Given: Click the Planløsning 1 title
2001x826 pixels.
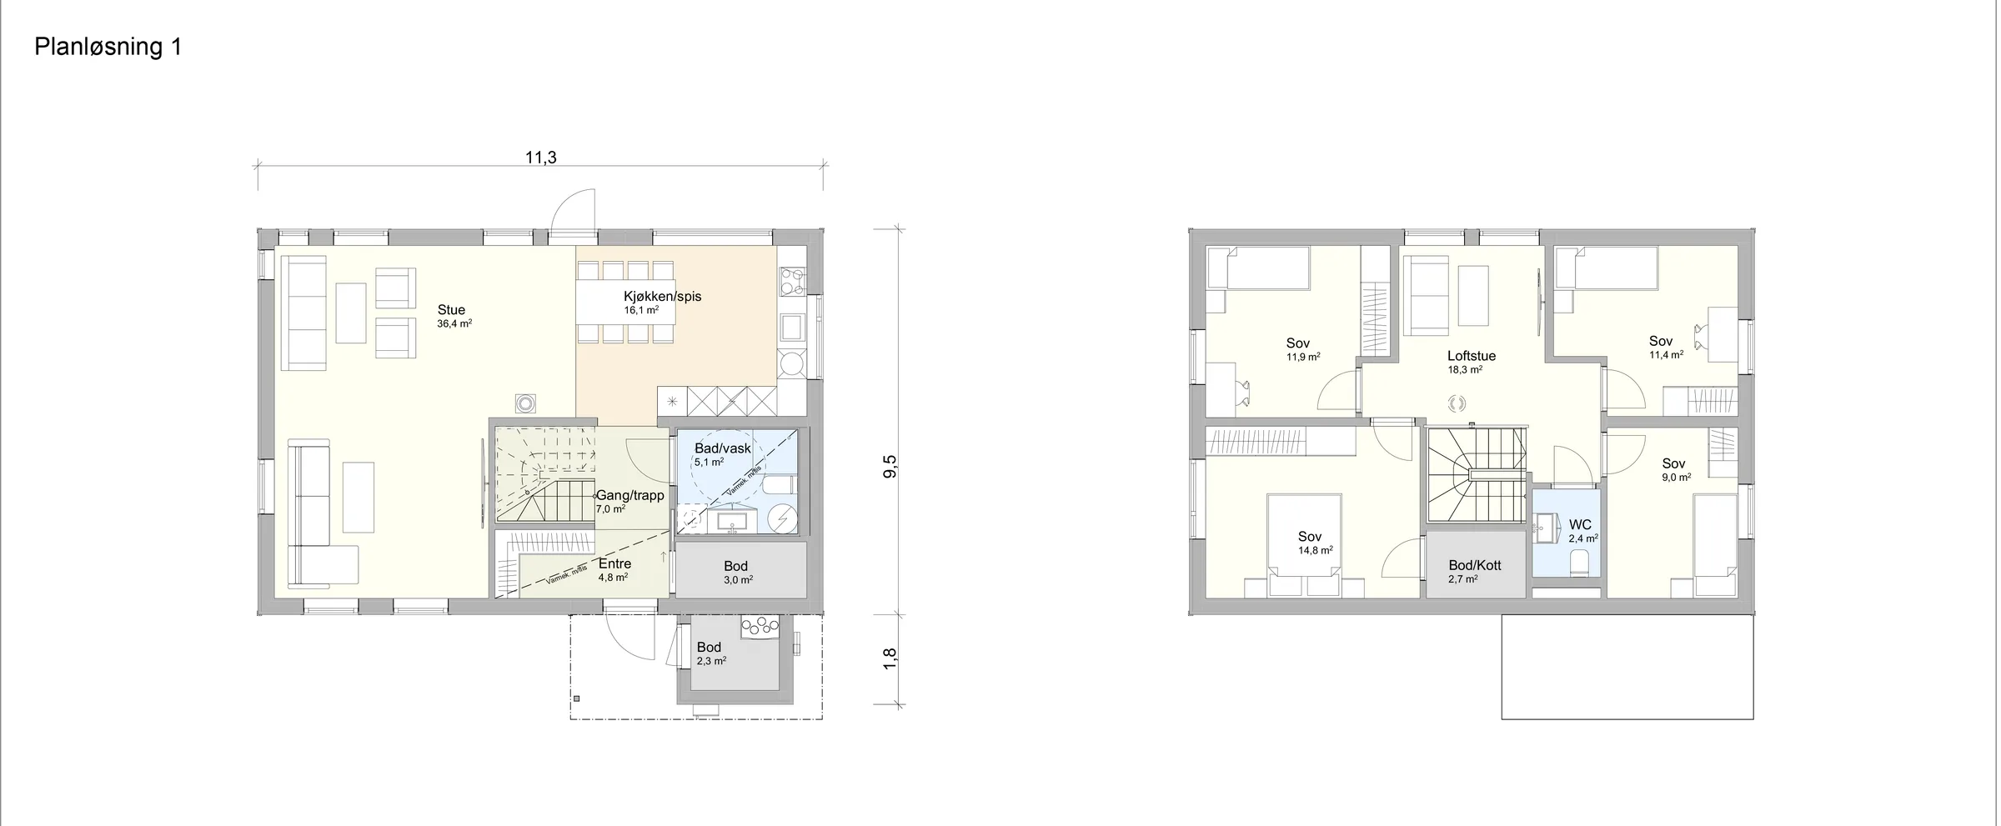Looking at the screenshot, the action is [108, 48].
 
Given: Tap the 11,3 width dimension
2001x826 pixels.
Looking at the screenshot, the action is [540, 158].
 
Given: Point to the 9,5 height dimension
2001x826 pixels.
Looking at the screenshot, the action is [890, 466].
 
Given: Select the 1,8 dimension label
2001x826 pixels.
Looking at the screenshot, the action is [890, 658].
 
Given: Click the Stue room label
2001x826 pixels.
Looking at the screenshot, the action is [451, 310].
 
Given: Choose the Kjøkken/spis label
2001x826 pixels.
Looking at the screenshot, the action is [662, 296].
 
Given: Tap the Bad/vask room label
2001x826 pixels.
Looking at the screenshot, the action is [723, 448].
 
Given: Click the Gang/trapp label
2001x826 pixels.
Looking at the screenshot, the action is [629, 495].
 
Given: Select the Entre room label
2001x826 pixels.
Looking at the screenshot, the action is [614, 563].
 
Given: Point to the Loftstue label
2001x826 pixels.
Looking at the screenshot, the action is [1472, 356].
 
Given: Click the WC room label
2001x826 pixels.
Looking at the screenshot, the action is [1580, 525].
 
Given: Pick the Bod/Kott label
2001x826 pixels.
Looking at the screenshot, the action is [1475, 565].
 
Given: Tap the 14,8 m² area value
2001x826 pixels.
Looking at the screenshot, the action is [1315, 550].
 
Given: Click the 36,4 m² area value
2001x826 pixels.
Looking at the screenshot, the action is [454, 323].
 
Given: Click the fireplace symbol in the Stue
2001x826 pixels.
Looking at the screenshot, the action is [525, 403].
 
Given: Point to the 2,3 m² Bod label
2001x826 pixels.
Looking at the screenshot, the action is [709, 647].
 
